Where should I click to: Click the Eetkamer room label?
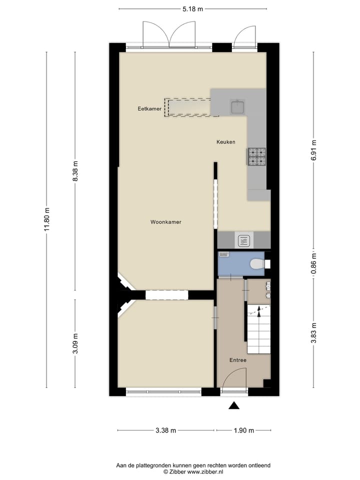(x=149, y=108)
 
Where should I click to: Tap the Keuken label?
(x=225, y=142)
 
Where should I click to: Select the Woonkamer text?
(x=165, y=222)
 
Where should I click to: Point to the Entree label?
(x=237, y=360)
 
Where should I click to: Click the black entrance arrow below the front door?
(x=234, y=406)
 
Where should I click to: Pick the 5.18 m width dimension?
(x=192, y=9)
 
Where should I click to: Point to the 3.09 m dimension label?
(x=76, y=343)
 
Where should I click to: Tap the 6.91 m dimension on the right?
(x=313, y=149)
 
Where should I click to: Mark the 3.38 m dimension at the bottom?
(x=166, y=430)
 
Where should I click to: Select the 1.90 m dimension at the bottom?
(x=244, y=430)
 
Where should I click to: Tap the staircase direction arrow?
(x=258, y=312)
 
